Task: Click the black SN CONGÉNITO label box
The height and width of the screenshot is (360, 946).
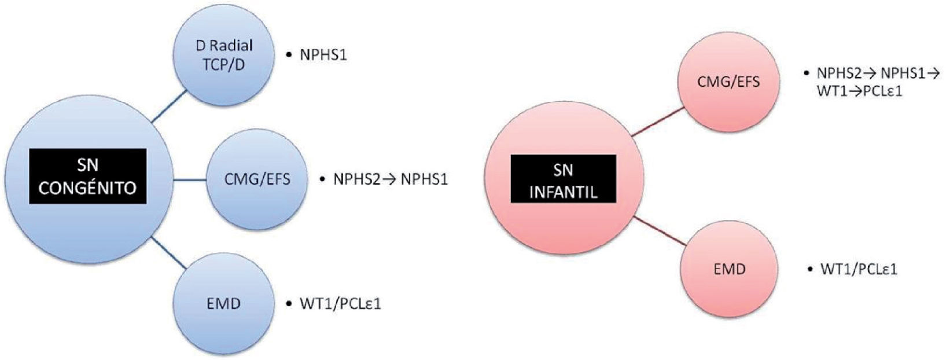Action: [88, 176]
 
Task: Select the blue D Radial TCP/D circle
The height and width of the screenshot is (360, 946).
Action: [224, 55]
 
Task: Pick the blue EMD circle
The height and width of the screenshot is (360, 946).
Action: [224, 303]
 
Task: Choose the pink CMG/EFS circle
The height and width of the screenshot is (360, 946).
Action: [728, 82]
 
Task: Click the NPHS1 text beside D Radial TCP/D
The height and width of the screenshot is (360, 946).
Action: [323, 56]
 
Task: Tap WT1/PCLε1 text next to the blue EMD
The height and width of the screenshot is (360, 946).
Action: [340, 303]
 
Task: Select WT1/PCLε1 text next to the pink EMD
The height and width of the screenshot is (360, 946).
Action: [859, 269]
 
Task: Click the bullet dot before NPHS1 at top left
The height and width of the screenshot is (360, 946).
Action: [289, 56]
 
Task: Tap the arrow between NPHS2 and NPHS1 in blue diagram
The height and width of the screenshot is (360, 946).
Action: [390, 179]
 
